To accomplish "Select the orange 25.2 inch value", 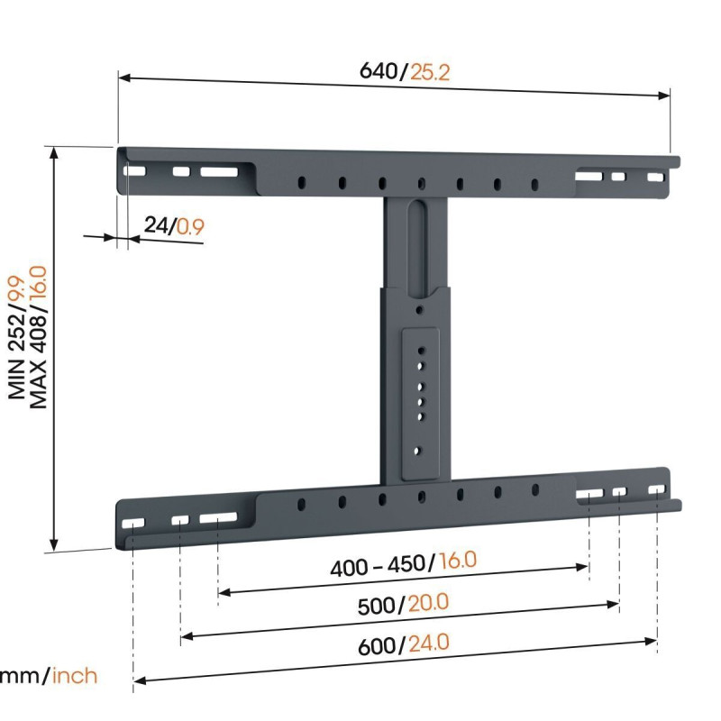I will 430,71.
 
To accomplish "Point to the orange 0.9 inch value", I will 189,226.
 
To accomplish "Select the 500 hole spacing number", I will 377,607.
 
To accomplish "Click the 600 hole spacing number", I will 377,646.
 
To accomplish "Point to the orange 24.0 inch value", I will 428,643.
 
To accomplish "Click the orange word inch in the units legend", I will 75,675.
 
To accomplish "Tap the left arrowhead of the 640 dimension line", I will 123,78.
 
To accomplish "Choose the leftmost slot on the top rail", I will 134,170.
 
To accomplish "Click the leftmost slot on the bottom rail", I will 133,523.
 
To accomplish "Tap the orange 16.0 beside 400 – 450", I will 458,561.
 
